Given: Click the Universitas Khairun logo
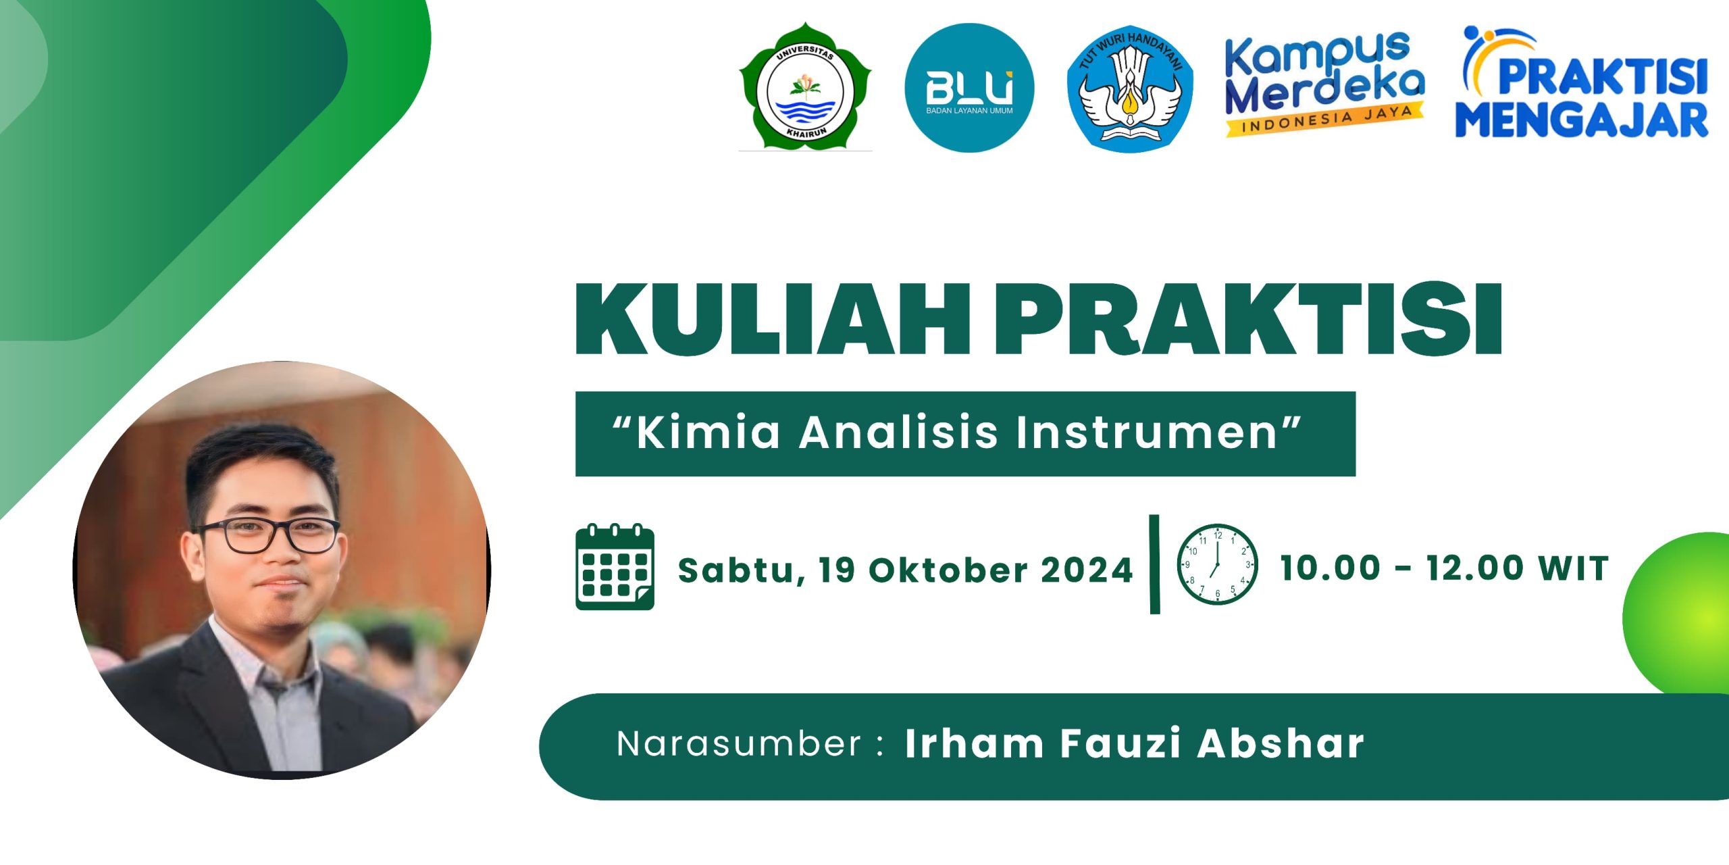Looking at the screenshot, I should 805,86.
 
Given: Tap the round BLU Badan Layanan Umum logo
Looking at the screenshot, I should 969,88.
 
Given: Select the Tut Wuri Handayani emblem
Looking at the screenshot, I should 1129,88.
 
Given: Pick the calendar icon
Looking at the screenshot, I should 615,567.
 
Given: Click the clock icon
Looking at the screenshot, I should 1217,564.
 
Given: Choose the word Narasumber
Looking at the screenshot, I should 739,744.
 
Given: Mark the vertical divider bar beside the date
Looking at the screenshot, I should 1154,564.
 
